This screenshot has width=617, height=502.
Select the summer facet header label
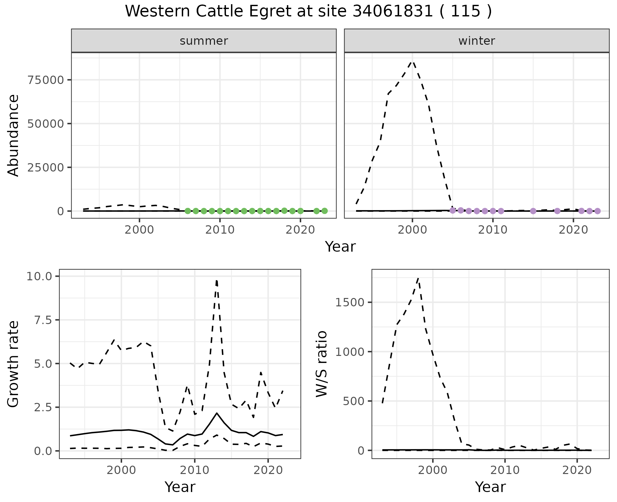pos(204,41)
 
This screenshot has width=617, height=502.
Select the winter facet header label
pos(477,41)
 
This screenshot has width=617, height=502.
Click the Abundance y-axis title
pos(13,135)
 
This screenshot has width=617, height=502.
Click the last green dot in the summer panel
pos(325,211)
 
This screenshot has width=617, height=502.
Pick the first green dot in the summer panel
pos(188,211)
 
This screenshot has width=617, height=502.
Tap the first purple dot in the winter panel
pos(452,210)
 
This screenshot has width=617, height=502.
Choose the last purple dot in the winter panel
pos(597,211)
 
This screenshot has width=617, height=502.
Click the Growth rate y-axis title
pos(13,364)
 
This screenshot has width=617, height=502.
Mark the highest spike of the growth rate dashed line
pos(217,281)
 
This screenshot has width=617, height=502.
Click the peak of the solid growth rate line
pos(217,413)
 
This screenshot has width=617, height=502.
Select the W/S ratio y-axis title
pos(322,364)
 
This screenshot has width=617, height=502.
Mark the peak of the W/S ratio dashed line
pos(418,278)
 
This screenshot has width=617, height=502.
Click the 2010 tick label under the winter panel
pos(493,230)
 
